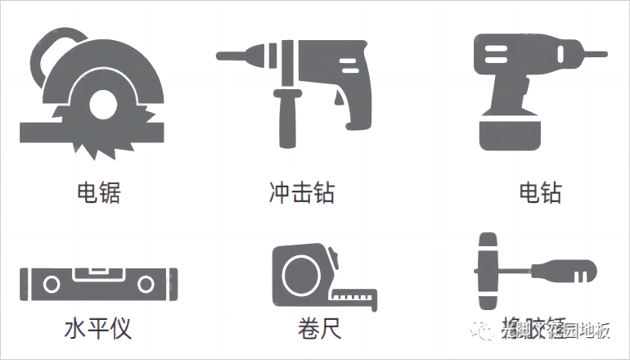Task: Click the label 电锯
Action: pyautogui.click(x=98, y=193)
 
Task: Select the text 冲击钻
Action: pyautogui.click(x=302, y=193)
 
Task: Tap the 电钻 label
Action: pyautogui.click(x=541, y=193)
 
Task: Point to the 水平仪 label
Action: pyautogui.click(x=97, y=329)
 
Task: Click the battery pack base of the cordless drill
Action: pyautogui.click(x=508, y=135)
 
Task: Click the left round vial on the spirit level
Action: pyautogui.click(x=52, y=285)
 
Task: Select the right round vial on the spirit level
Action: pyautogui.click(x=146, y=285)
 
